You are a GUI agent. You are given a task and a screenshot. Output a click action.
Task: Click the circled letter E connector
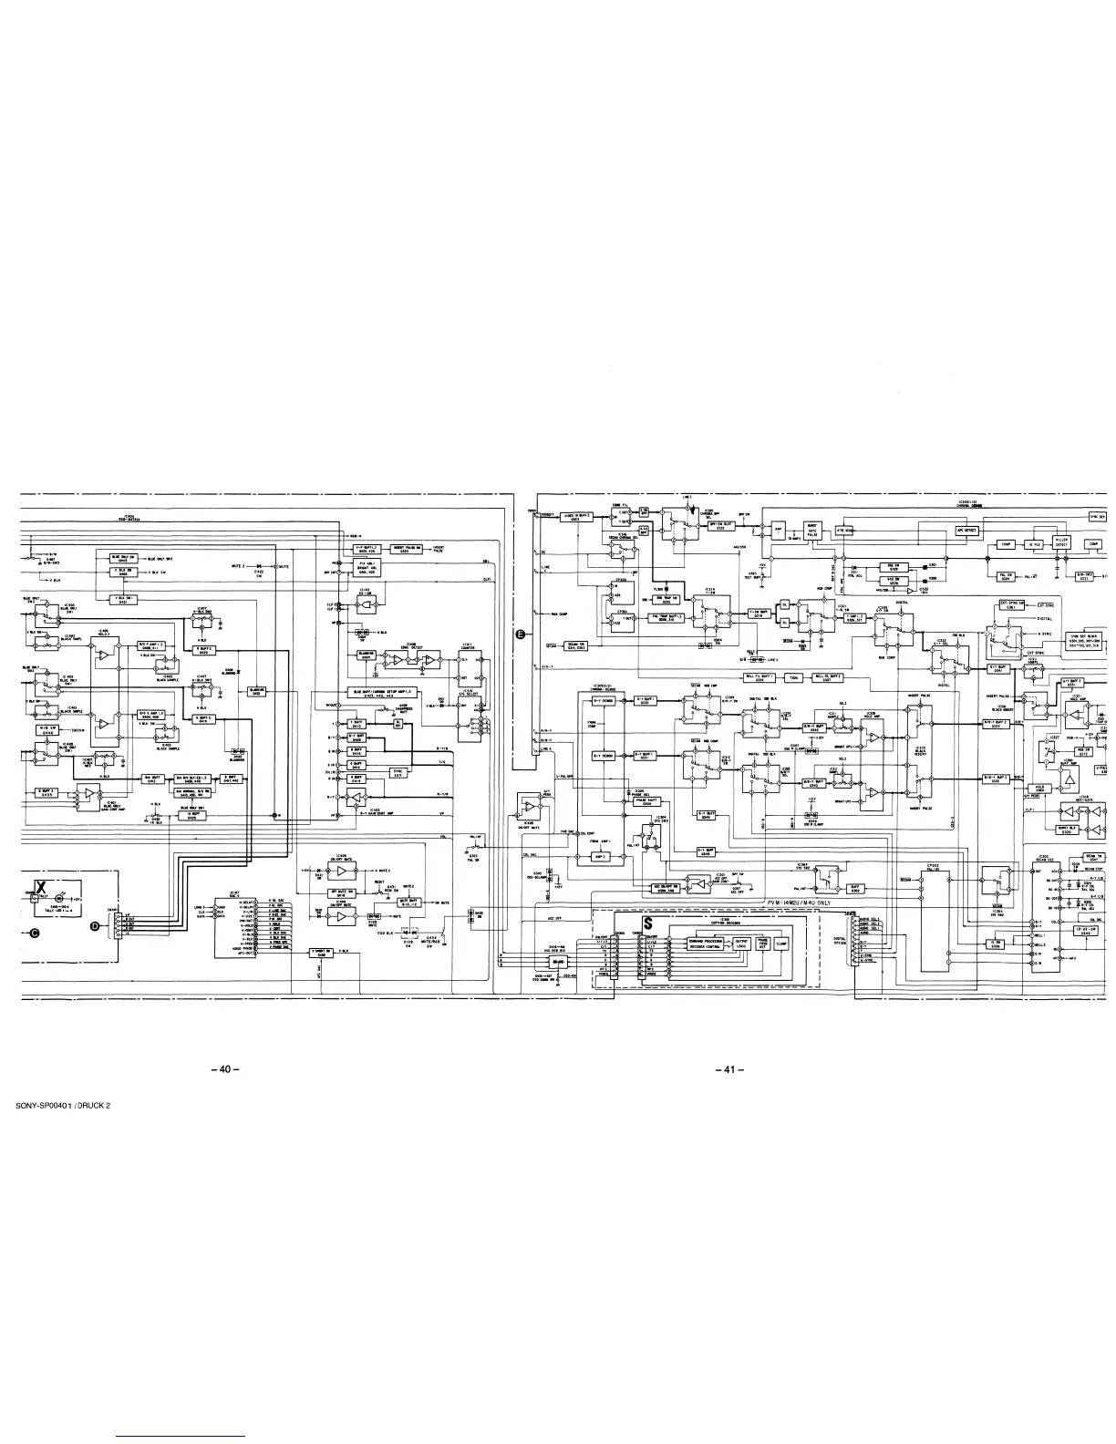[x=520, y=635]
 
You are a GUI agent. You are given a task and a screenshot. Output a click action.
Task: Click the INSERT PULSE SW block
[x=405, y=549]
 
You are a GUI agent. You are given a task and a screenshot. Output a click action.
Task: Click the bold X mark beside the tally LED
[x=41, y=888]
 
